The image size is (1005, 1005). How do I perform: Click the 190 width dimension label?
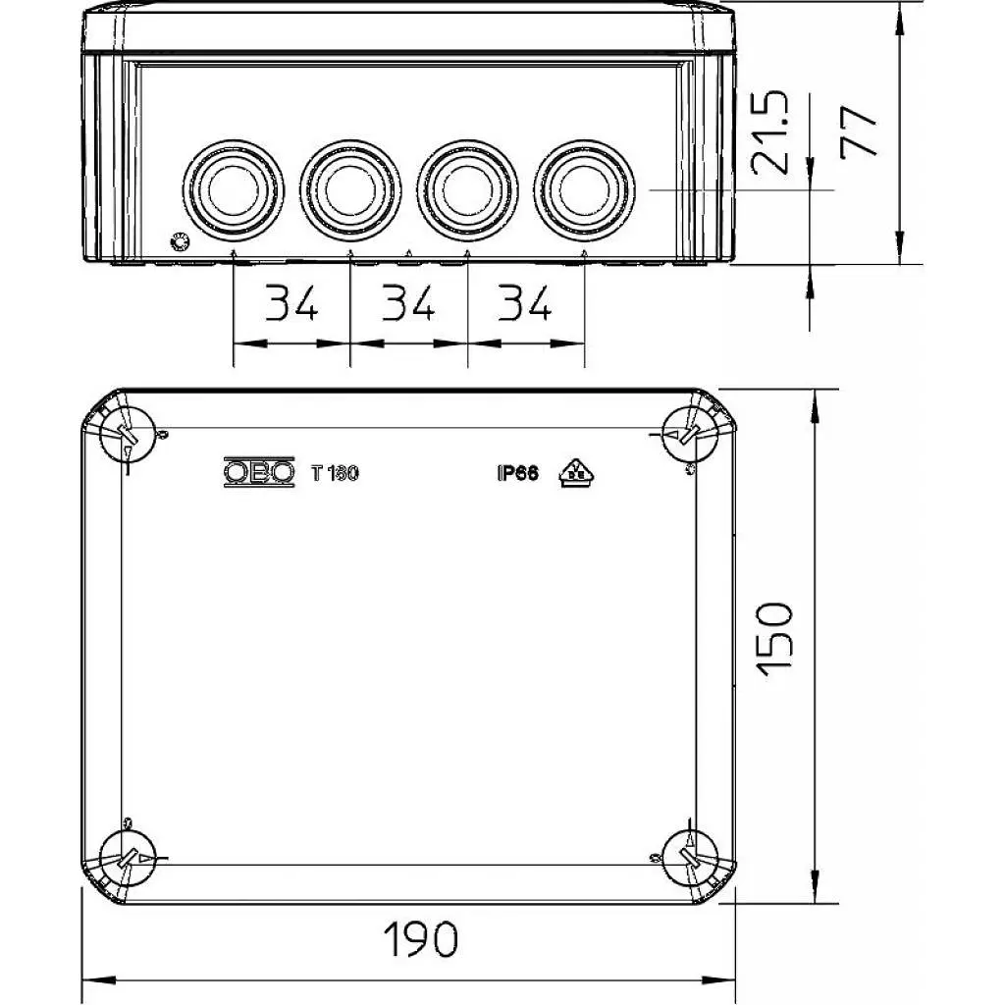tap(420, 939)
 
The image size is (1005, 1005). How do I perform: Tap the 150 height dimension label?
tap(775, 639)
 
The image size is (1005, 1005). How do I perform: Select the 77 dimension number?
tap(859, 132)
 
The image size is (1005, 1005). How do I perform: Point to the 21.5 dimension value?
tap(770, 132)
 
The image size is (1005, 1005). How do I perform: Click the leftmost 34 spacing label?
tap(291, 303)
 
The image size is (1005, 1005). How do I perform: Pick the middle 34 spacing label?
tap(408, 303)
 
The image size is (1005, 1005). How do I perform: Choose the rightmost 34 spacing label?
tap(525, 303)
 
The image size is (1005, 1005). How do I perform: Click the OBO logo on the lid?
tap(259, 472)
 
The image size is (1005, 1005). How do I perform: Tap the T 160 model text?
tap(335, 474)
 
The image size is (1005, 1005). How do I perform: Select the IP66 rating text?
tap(518, 474)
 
